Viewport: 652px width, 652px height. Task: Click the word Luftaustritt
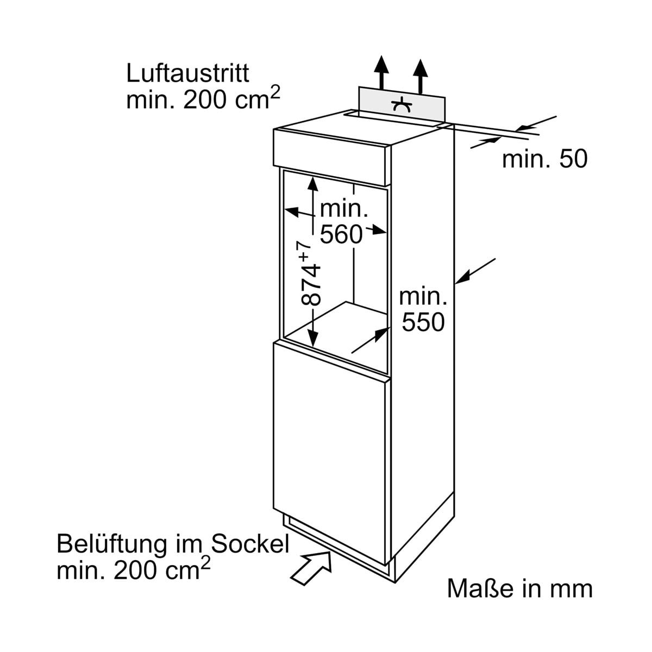click(187, 73)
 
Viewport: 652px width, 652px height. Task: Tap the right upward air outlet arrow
click(420, 71)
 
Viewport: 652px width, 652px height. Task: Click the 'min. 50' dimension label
click(544, 159)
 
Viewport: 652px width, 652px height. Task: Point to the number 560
click(341, 234)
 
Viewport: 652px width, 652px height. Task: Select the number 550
click(423, 322)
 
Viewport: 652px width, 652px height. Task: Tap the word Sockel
click(250, 544)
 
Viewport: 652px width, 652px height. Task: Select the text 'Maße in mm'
click(519, 589)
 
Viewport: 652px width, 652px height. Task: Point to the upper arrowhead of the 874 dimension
click(312, 185)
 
